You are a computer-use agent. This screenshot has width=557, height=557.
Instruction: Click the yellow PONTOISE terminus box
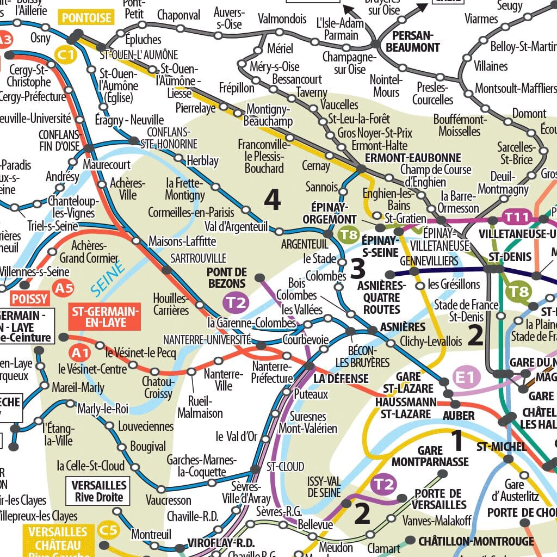pos(87,18)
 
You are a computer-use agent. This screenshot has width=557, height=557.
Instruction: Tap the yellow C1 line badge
pos(66,54)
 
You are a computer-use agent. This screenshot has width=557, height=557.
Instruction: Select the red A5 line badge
pos(64,288)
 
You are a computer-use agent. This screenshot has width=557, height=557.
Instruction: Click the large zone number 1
pos(457,441)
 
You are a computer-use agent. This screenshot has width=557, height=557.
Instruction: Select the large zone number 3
pos(357,268)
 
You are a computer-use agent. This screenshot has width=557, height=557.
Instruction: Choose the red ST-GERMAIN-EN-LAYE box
pos(105,317)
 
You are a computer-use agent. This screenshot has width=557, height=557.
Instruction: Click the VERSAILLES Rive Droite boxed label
pos(98,491)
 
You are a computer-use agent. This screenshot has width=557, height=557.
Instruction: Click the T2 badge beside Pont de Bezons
pos(236,302)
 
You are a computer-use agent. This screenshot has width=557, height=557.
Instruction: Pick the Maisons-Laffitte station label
pos(182,240)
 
